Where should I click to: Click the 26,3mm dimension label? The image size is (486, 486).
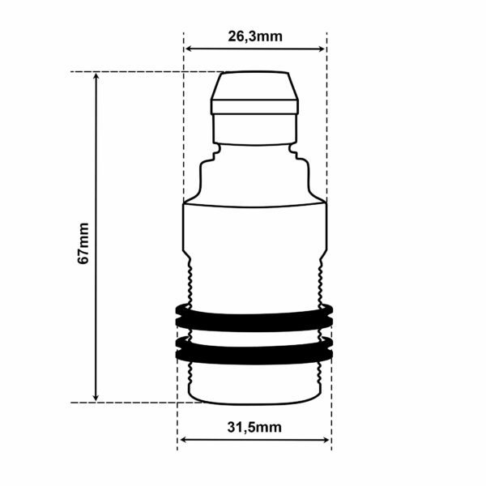[x=255, y=36]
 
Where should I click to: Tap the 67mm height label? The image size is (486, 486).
[x=83, y=243]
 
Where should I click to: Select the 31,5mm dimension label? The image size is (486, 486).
[x=254, y=427]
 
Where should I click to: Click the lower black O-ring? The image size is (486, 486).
[x=254, y=350]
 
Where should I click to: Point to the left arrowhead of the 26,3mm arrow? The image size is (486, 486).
[x=188, y=49]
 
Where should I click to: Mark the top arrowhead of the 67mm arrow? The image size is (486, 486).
[x=96, y=76]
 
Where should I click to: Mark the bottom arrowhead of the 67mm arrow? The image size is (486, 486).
[x=96, y=398]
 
